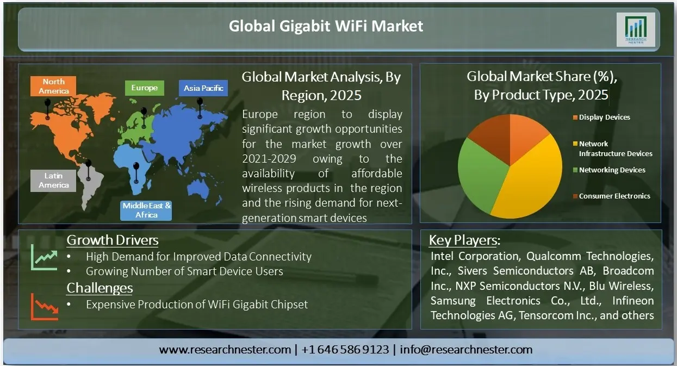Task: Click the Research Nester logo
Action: point(636,29)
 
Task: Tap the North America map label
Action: point(53,86)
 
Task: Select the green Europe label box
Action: point(145,88)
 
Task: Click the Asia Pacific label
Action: point(203,88)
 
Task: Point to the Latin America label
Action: point(53,181)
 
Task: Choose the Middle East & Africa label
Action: point(146,210)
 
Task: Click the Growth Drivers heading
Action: point(113,240)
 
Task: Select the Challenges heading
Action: point(100,288)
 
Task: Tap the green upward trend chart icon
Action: point(45,257)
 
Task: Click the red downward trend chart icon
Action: point(45,307)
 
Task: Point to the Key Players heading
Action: point(464,240)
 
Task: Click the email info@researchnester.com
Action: point(466,350)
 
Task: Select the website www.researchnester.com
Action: point(225,350)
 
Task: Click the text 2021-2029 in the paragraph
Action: point(269,159)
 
